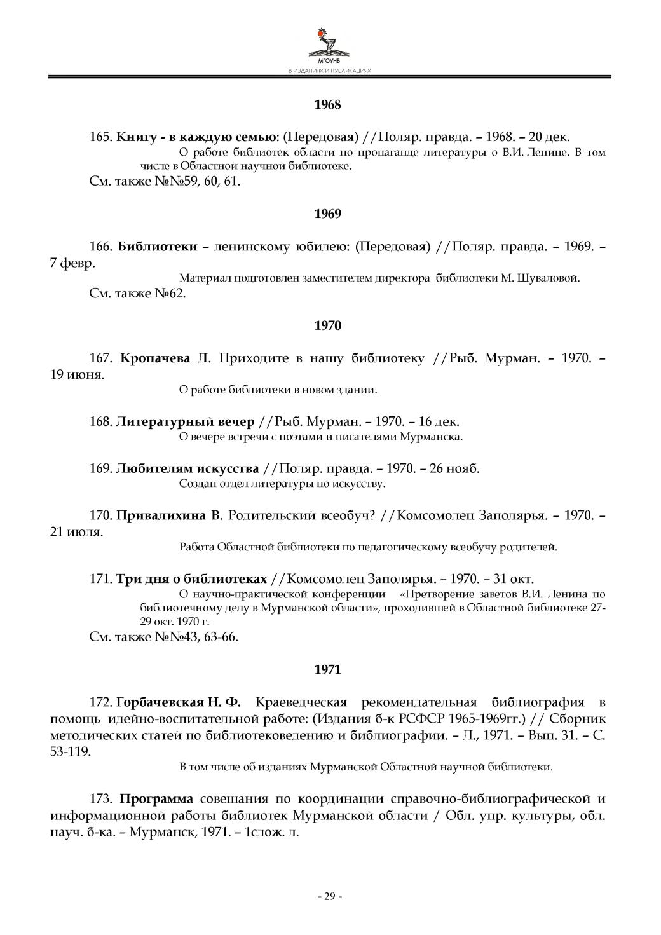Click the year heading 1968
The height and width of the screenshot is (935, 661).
pyautogui.click(x=328, y=104)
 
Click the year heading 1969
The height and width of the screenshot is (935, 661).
pyautogui.click(x=328, y=214)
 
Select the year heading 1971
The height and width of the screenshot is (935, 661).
pyautogui.click(x=328, y=669)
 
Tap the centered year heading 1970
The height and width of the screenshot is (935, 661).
pyautogui.click(x=328, y=325)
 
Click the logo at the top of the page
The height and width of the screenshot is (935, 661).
pyautogui.click(x=329, y=44)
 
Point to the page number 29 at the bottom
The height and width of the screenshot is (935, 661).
pyautogui.click(x=330, y=896)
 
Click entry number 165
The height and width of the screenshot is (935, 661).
pyautogui.click(x=100, y=137)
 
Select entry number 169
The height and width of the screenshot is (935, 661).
pyautogui.click(x=100, y=468)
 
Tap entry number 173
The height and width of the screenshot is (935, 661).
pyautogui.click(x=100, y=798)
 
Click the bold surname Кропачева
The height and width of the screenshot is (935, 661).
pyautogui.click(x=155, y=358)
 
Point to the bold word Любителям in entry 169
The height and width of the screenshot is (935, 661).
pyautogui.click(x=151, y=468)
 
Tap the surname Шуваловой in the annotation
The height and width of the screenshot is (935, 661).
pyautogui.click(x=550, y=278)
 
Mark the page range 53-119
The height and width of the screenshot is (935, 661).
pyautogui.click(x=70, y=751)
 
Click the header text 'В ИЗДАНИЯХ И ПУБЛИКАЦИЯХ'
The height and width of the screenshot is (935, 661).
pyautogui.click(x=329, y=71)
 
